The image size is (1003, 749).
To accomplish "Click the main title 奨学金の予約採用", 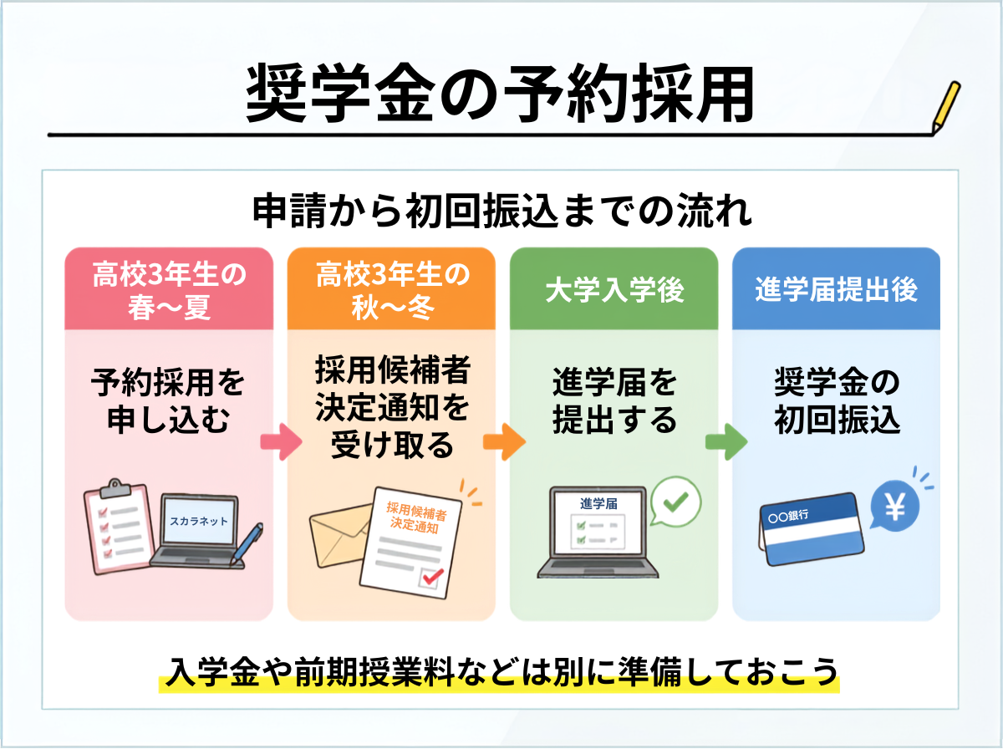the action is pyautogui.click(x=500, y=93).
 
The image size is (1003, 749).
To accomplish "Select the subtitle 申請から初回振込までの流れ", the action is pyautogui.click(x=502, y=211).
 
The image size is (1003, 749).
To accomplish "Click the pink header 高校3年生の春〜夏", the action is pyautogui.click(x=169, y=289).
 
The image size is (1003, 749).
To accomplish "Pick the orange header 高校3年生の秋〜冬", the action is pyautogui.click(x=392, y=289).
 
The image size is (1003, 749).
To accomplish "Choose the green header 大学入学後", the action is pyautogui.click(x=614, y=289).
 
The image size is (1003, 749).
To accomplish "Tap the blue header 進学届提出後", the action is pyautogui.click(x=836, y=289).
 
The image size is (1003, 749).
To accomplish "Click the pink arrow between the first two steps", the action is pyautogui.click(x=281, y=442).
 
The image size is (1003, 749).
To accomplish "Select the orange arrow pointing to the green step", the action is pyautogui.click(x=504, y=442).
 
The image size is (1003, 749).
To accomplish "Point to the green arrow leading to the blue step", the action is pyautogui.click(x=726, y=442).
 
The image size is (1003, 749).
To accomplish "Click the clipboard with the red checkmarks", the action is pyautogui.click(x=120, y=527).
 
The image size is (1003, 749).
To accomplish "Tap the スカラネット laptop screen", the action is pyautogui.click(x=199, y=521).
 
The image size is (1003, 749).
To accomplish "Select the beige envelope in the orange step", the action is pyautogui.click(x=340, y=535).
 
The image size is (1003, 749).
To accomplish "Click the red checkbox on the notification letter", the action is pyautogui.click(x=432, y=577).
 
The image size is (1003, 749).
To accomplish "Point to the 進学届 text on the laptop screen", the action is pyautogui.click(x=598, y=503).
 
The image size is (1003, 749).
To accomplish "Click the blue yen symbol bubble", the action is pyautogui.click(x=894, y=506).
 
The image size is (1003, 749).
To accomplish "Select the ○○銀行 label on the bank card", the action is pyautogui.click(x=788, y=517).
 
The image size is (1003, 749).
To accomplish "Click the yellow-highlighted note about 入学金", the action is pyautogui.click(x=499, y=672).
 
